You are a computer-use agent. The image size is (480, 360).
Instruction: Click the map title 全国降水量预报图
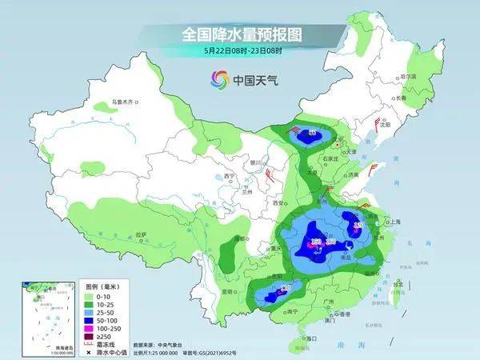point(239,35)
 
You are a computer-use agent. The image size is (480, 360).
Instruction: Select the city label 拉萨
point(142,234)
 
